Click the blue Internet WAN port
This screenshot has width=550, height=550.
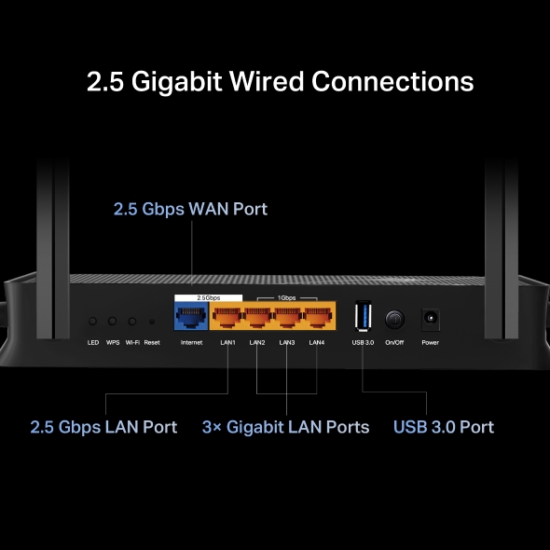click(x=191, y=318)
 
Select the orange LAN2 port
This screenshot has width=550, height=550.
click(x=256, y=318)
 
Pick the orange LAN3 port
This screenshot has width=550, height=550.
click(x=287, y=318)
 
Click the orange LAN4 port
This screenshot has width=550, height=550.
click(x=317, y=318)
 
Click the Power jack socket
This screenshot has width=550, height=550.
click(x=430, y=318)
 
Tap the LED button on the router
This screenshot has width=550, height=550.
click(x=93, y=321)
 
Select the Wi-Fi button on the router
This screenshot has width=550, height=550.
click(x=132, y=321)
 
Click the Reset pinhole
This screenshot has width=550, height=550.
click(x=152, y=322)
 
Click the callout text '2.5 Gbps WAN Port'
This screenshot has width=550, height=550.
click(x=190, y=209)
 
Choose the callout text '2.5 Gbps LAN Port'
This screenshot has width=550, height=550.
click(x=103, y=427)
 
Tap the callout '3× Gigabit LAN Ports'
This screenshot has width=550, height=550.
click(x=285, y=427)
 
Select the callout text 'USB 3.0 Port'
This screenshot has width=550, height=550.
click(x=443, y=427)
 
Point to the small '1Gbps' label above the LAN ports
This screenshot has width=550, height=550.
click(x=288, y=297)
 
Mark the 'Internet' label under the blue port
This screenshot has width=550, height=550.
click(x=191, y=343)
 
